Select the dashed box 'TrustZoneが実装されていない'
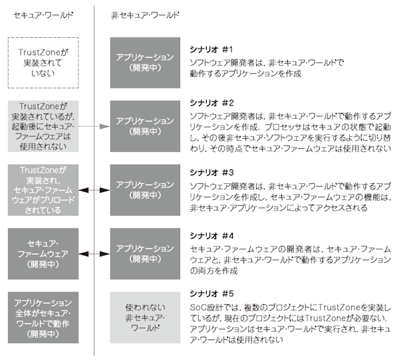(43, 62)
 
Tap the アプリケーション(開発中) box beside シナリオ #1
(145, 62)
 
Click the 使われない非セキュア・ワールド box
(145, 317)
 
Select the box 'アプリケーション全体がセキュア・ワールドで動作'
(43, 317)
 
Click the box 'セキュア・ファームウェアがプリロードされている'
(43, 190)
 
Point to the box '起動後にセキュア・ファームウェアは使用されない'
(43, 126)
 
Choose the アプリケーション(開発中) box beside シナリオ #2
(145, 126)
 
